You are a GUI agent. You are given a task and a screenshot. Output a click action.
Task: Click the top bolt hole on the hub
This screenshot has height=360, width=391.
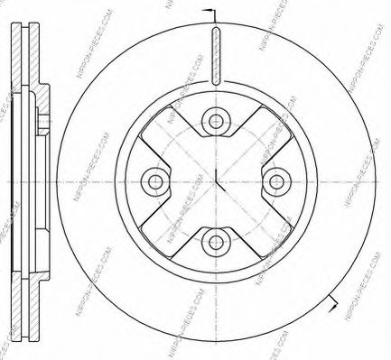(216, 120)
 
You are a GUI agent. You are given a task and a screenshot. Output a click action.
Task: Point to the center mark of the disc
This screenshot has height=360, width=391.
(216, 180)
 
